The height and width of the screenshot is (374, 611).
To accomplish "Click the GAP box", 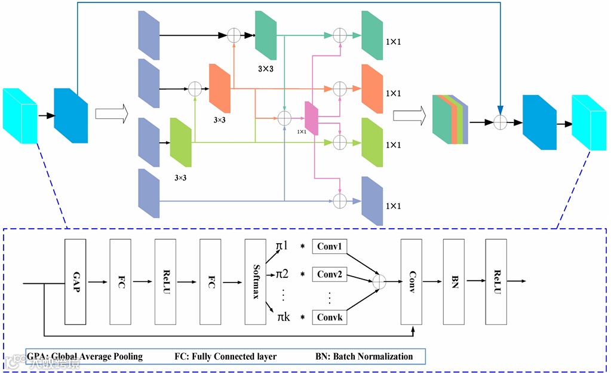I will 75,281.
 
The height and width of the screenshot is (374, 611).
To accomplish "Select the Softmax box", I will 255,281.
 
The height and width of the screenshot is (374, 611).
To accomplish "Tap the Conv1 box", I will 330,247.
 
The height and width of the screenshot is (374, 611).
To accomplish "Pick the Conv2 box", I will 330,275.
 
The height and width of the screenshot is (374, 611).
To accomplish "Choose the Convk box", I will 330,317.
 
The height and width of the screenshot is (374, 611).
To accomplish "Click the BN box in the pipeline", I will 454,281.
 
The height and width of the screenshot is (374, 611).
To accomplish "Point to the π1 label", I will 282,246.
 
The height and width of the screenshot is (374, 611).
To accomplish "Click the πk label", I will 283,317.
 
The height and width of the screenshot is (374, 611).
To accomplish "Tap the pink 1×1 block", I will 311,118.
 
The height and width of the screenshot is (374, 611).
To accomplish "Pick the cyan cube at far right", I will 589,122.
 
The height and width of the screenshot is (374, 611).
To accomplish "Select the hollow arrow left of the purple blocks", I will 112,115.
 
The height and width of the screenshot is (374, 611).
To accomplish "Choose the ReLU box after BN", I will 496,281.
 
